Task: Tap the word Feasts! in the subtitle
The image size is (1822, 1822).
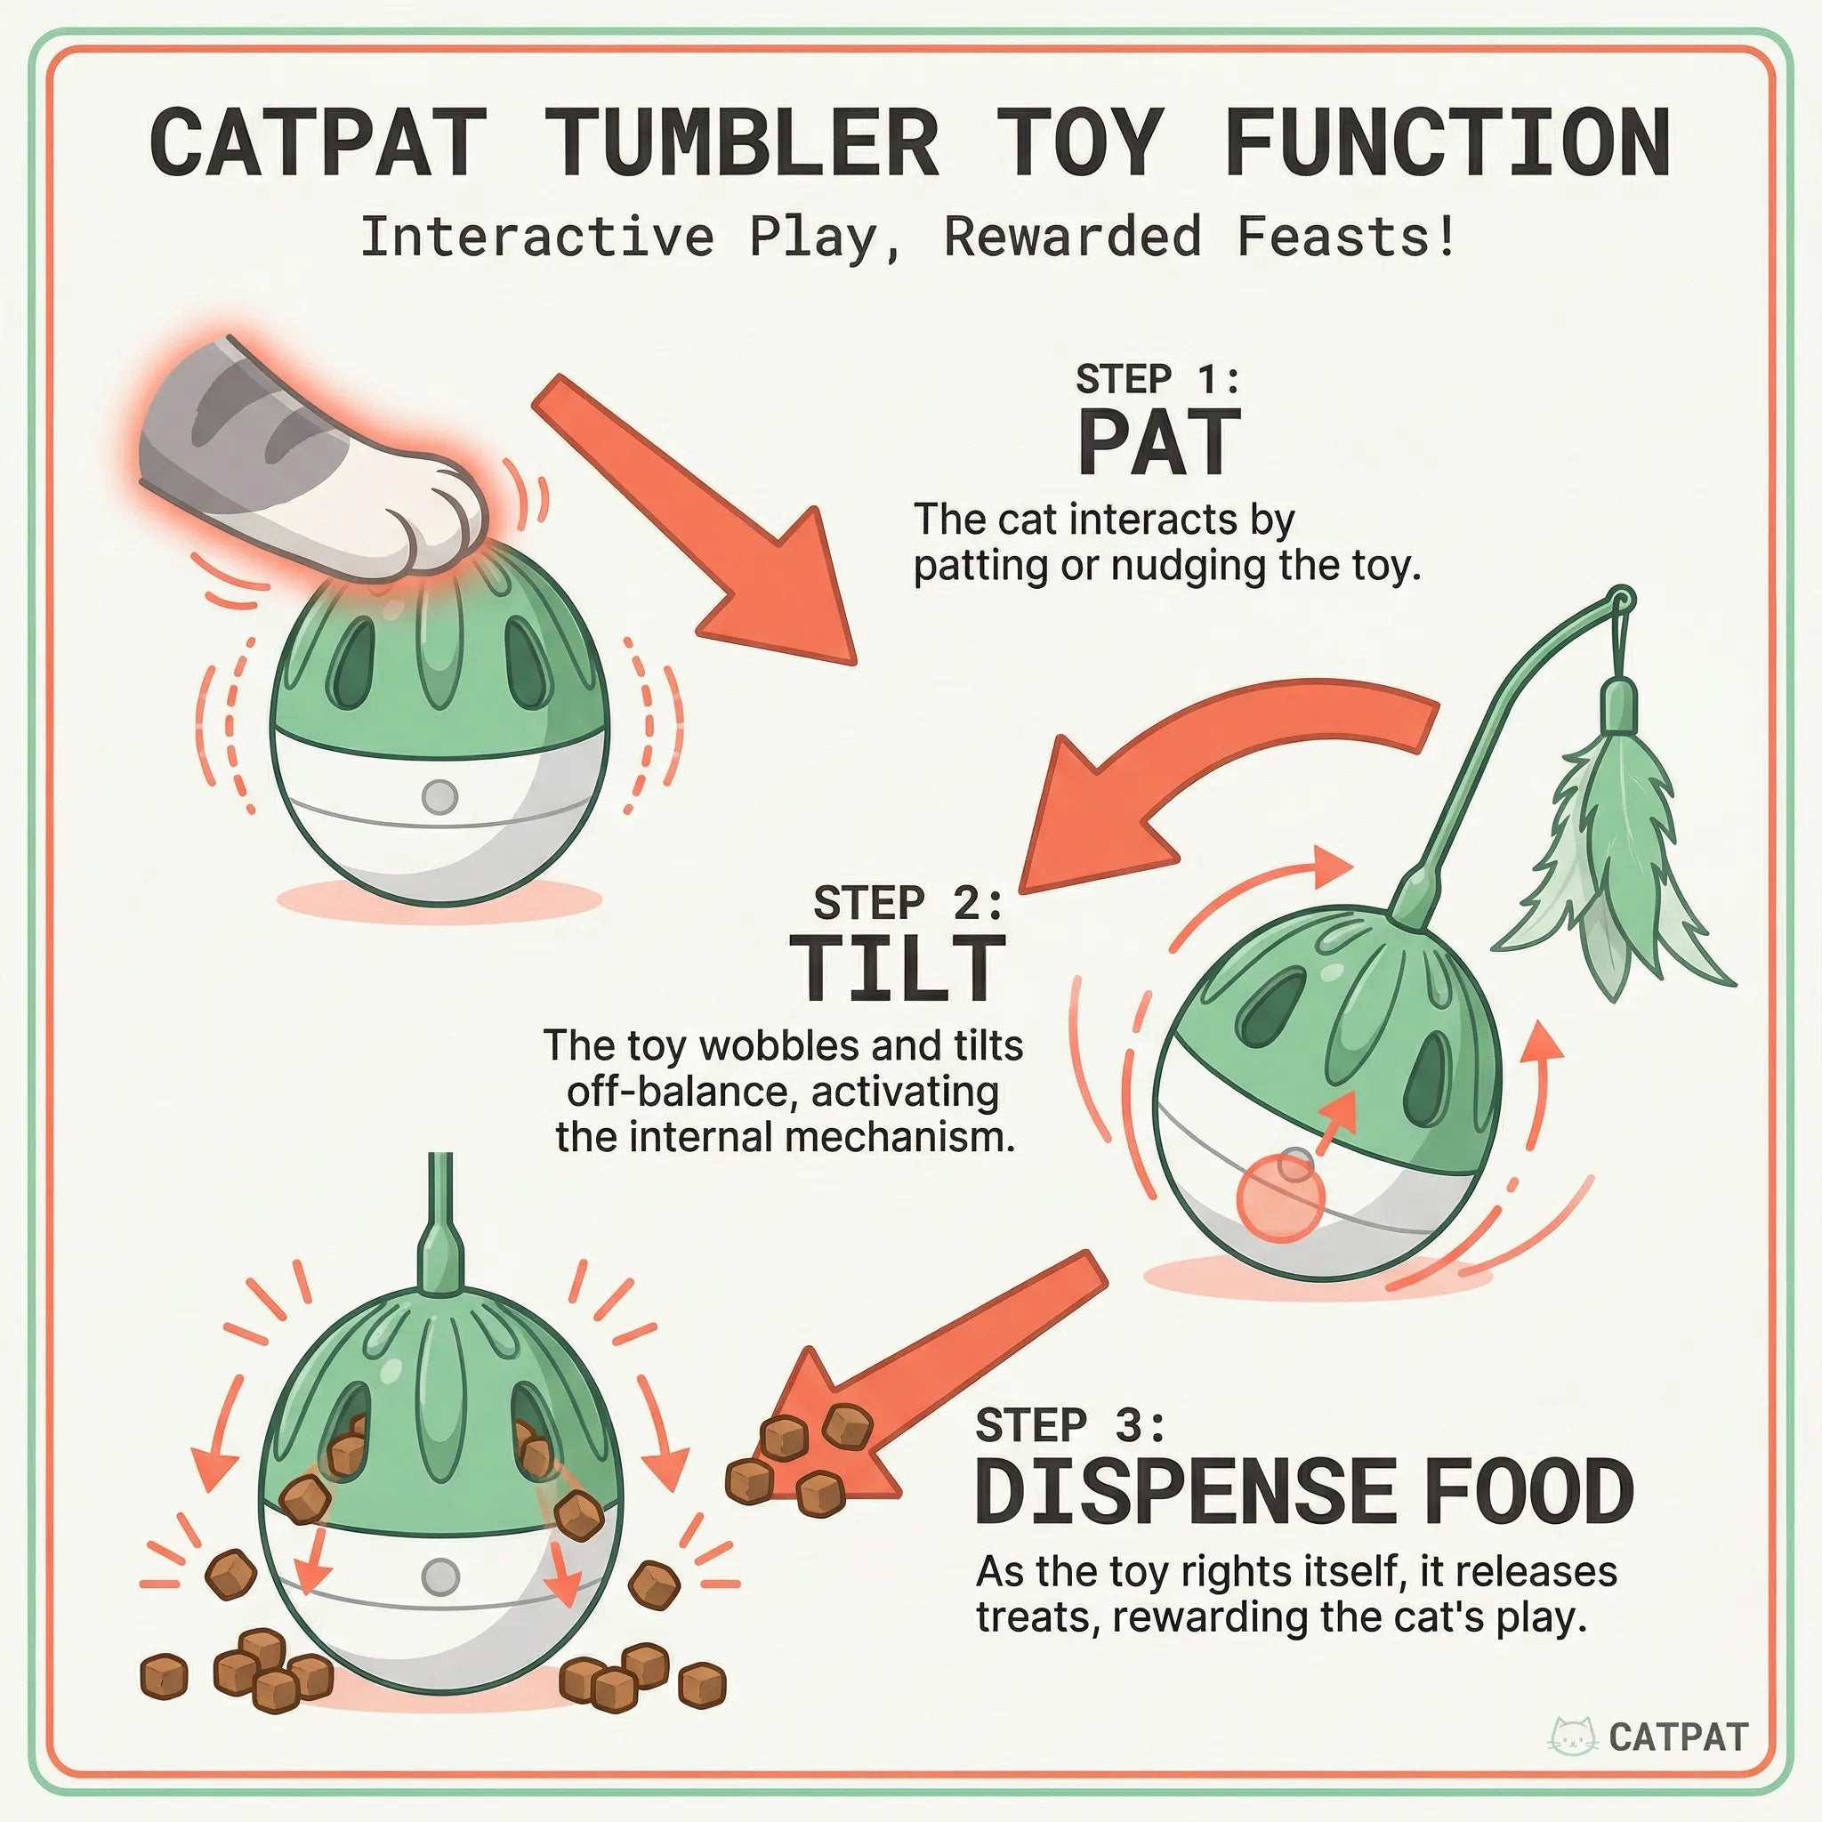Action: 1346,237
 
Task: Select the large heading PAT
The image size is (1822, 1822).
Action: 1158,443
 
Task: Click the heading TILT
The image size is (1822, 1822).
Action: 897,969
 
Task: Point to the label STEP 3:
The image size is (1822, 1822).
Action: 1069,1426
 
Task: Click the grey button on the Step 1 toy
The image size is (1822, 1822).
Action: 439,797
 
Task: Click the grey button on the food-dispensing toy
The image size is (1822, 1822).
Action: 439,1576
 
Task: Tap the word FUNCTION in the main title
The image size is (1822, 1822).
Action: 1447,143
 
